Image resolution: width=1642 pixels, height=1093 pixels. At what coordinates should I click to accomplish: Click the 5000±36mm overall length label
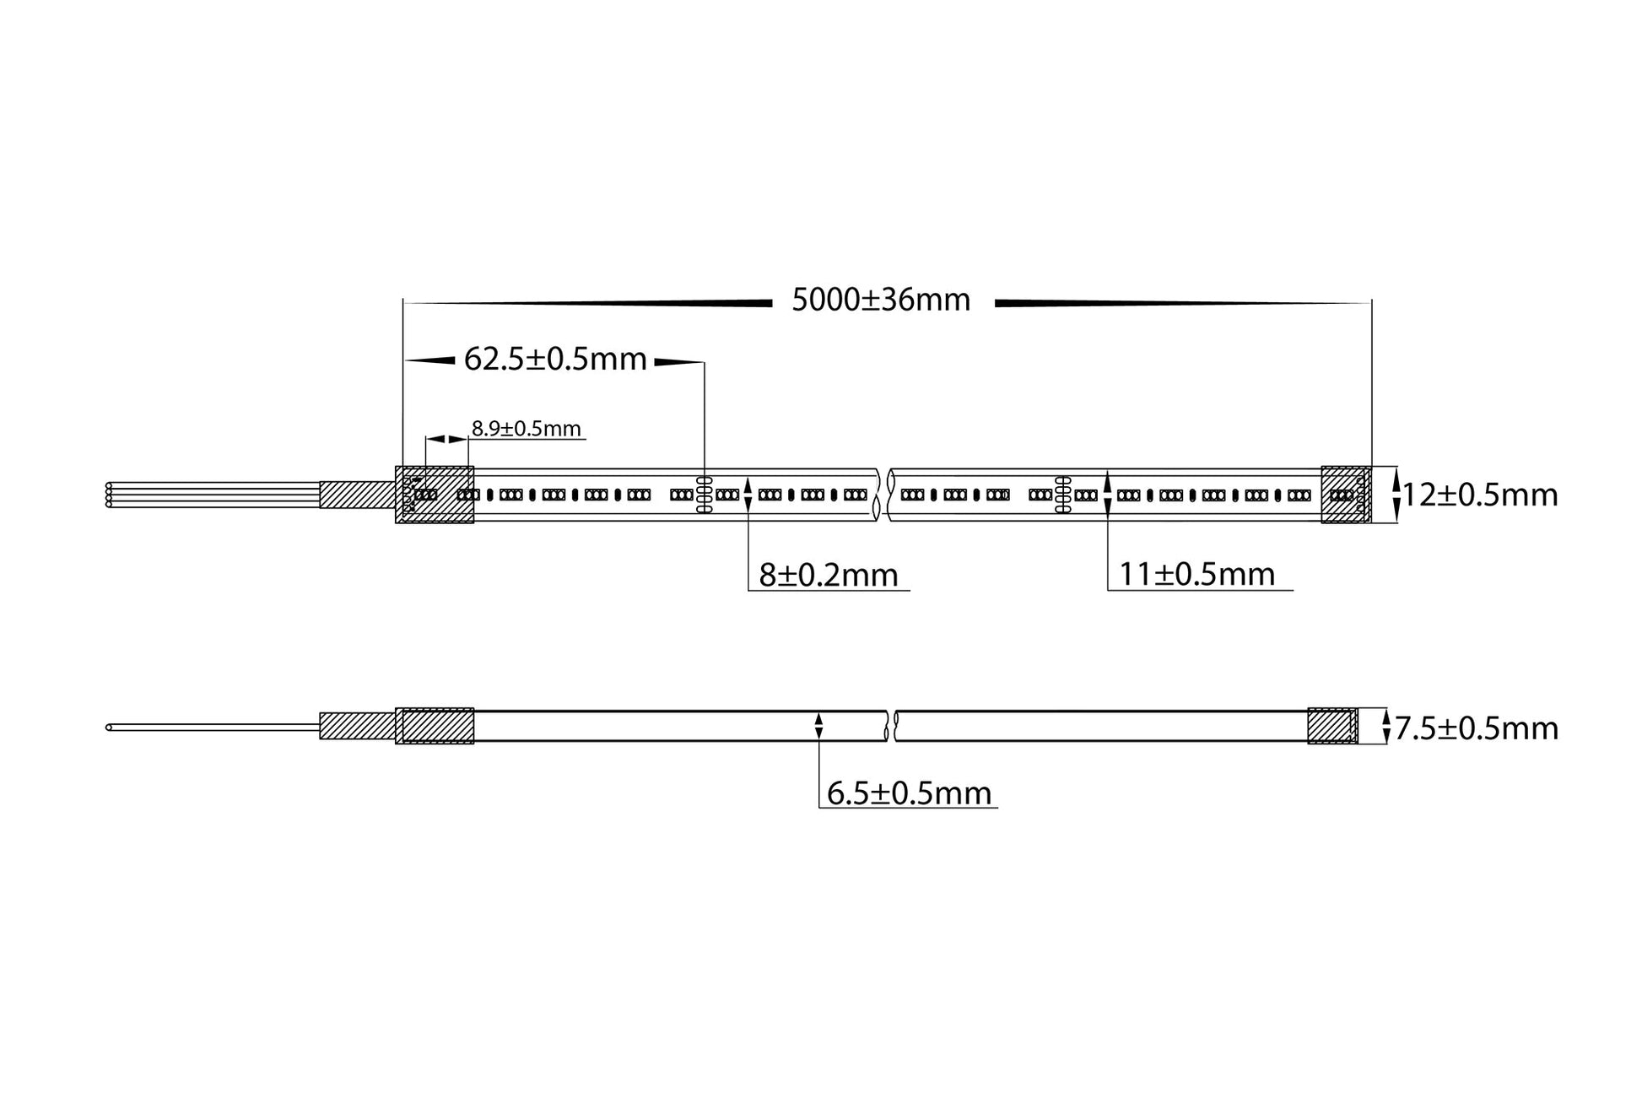click(881, 300)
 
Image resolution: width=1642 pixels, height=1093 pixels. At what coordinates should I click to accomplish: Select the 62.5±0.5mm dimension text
click(555, 360)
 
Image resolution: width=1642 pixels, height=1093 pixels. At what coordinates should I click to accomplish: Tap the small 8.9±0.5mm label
click(527, 429)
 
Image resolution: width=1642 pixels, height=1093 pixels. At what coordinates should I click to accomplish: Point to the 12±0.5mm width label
click(1480, 495)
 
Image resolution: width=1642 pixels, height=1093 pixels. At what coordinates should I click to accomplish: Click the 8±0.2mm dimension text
click(829, 576)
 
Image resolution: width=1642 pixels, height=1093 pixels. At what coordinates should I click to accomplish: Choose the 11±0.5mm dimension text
click(1197, 575)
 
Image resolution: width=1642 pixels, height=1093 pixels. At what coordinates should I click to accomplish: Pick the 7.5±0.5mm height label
click(1477, 728)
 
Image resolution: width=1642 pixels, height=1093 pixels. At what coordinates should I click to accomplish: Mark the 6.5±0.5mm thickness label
click(910, 793)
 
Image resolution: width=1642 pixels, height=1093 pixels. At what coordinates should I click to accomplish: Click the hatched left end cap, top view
click(435, 495)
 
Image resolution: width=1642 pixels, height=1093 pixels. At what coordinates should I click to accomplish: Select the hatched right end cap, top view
click(1346, 495)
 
